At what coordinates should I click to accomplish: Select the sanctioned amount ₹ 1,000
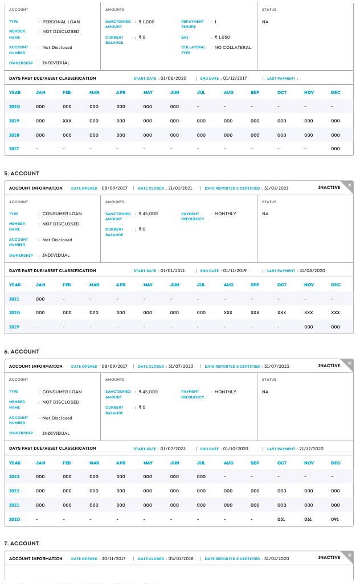pyautogui.click(x=147, y=22)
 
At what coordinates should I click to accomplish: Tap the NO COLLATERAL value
pyautogui.click(x=232, y=47)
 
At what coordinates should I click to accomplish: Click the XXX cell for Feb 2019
pyautogui.click(x=67, y=121)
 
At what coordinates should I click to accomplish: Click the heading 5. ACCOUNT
pyautogui.click(x=22, y=173)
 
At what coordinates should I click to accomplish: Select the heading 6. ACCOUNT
pyautogui.click(x=22, y=351)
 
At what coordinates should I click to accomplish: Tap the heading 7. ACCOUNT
pyautogui.click(x=22, y=543)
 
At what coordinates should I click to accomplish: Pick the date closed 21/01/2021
pyautogui.click(x=181, y=188)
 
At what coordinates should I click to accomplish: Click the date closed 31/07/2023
pyautogui.click(x=181, y=366)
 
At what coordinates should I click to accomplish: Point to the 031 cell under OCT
pyautogui.click(x=282, y=519)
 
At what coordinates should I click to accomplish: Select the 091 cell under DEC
pyautogui.click(x=336, y=519)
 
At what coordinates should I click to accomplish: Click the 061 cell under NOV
pyautogui.click(x=309, y=519)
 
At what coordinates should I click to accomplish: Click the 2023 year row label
pyautogui.click(x=15, y=476)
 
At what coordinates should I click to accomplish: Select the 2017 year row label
pyautogui.click(x=15, y=149)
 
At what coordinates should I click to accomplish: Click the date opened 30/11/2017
pyautogui.click(x=115, y=558)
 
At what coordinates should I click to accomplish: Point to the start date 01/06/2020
pyautogui.click(x=173, y=78)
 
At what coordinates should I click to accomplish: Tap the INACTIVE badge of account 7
pyautogui.click(x=329, y=557)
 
